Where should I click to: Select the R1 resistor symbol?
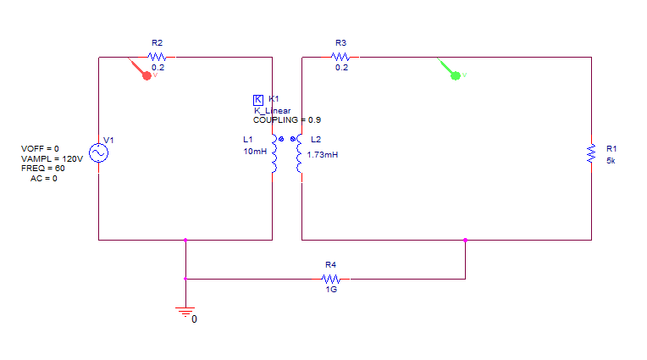tap(591, 154)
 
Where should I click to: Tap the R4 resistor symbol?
tap(331, 278)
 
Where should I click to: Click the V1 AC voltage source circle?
tap(98, 152)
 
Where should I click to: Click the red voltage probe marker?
tap(146, 75)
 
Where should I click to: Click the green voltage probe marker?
tap(455, 75)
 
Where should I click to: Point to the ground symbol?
tap(185, 312)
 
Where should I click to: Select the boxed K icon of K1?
tap(258, 100)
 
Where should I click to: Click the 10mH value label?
tap(254, 152)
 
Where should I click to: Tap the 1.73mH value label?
tap(323, 154)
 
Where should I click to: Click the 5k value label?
tap(611, 160)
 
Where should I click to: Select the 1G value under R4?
tap(331, 290)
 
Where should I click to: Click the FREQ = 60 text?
tap(42, 169)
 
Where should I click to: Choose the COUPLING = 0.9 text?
tap(286, 120)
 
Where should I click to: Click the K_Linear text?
tap(272, 111)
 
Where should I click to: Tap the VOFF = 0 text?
tap(40, 149)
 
